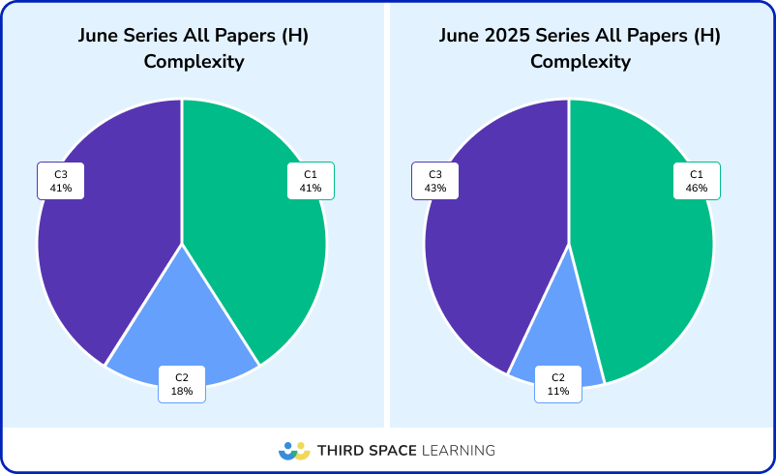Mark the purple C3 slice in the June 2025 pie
click(x=493, y=252)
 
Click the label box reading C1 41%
click(x=310, y=181)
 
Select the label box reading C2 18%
click(x=182, y=384)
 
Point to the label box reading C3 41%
click(x=61, y=181)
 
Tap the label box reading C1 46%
click(x=697, y=181)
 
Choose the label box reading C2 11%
click(x=558, y=384)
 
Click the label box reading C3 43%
click(x=435, y=181)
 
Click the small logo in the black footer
click(x=294, y=451)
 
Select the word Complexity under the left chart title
click(x=194, y=62)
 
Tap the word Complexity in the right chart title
click(x=581, y=62)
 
